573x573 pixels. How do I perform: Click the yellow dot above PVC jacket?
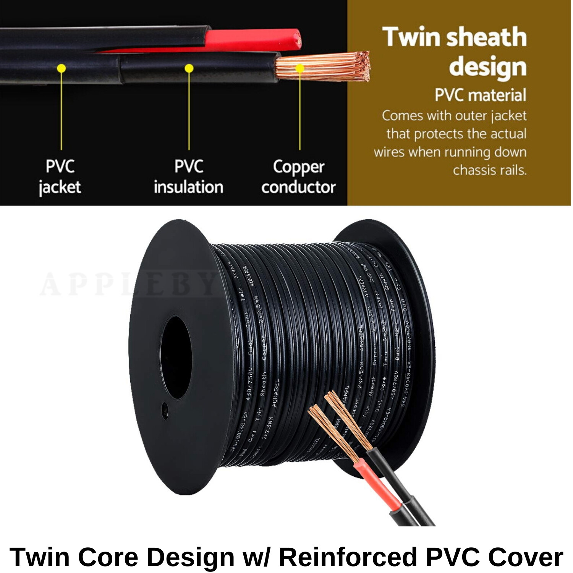click(61, 68)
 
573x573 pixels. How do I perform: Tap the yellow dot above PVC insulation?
click(189, 68)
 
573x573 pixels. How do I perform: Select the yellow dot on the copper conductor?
click(300, 68)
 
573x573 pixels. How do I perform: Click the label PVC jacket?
click(60, 177)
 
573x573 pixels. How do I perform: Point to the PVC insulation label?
click(188, 177)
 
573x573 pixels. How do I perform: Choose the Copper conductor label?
click(298, 177)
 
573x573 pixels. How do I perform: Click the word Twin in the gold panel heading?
click(411, 37)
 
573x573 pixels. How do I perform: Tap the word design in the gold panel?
click(488, 66)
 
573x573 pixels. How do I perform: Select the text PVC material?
click(480, 95)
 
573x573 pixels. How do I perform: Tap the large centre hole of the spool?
click(176, 358)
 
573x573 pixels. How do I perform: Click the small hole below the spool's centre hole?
click(165, 411)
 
